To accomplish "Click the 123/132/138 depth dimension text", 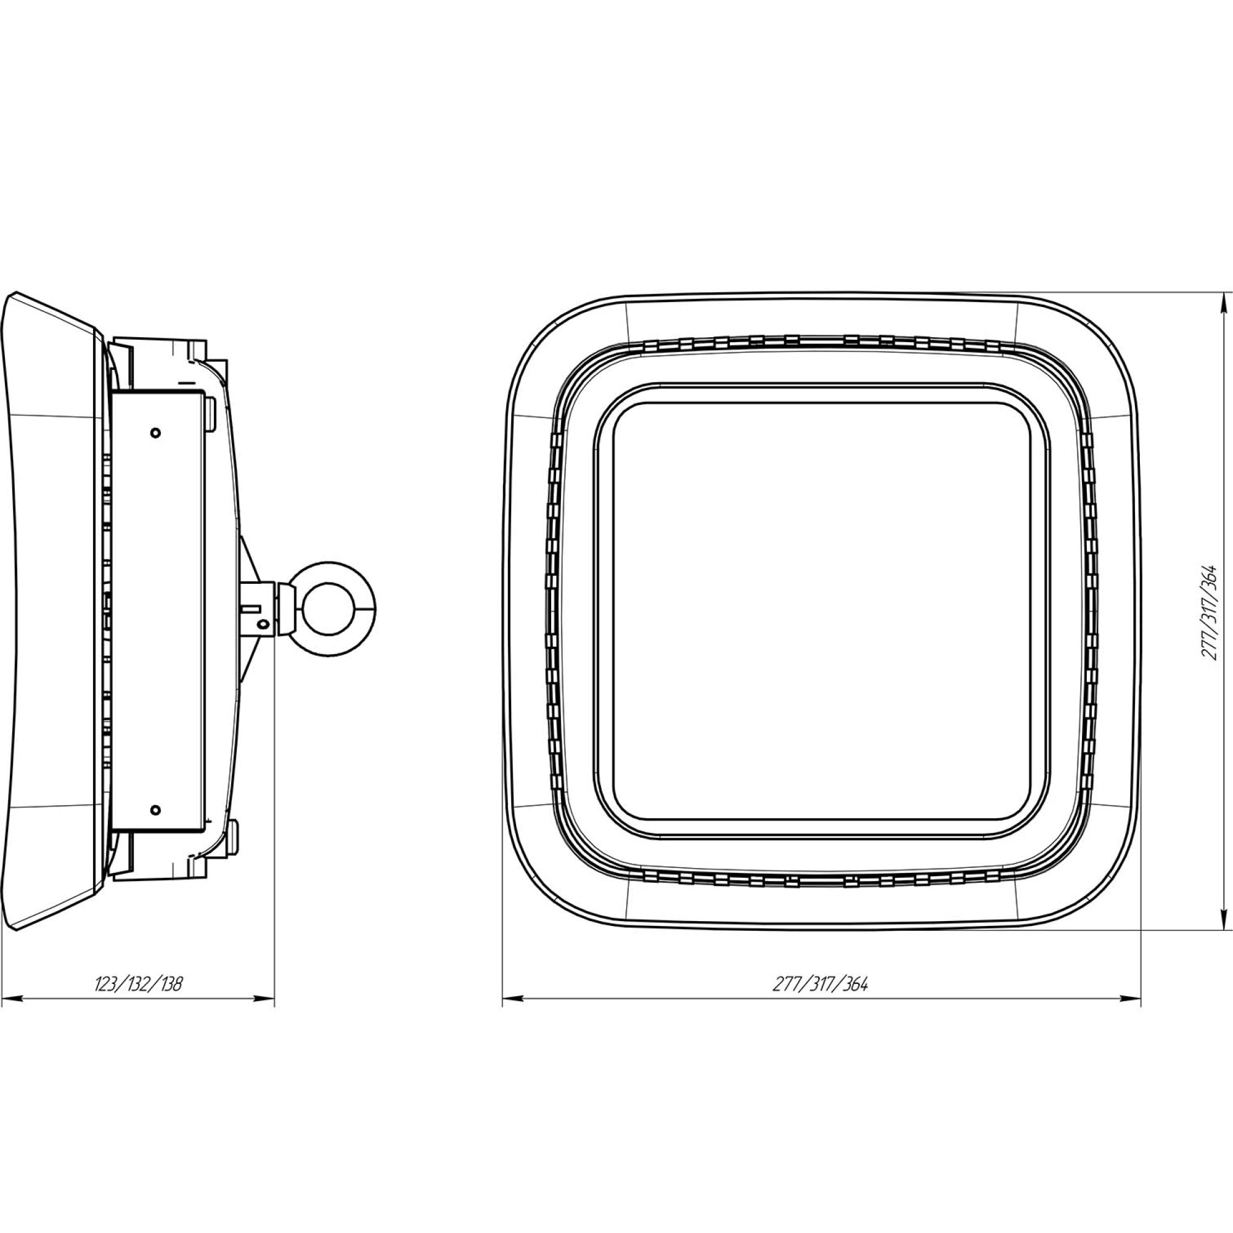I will (139, 983).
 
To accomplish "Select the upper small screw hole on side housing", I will (155, 433).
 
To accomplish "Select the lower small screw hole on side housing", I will (155, 811).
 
